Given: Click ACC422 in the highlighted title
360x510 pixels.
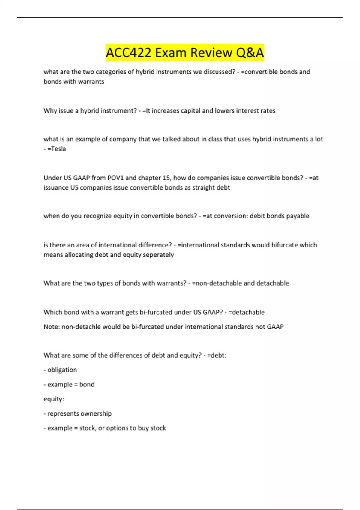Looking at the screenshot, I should (129, 53).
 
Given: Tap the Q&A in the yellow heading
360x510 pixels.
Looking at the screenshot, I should (250, 53).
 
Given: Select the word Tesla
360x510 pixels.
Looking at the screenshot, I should (57, 149).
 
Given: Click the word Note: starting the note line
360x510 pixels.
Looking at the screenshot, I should (52, 327).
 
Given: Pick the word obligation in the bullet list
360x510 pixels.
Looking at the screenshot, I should (62, 370).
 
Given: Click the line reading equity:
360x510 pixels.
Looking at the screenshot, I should (54, 399).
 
